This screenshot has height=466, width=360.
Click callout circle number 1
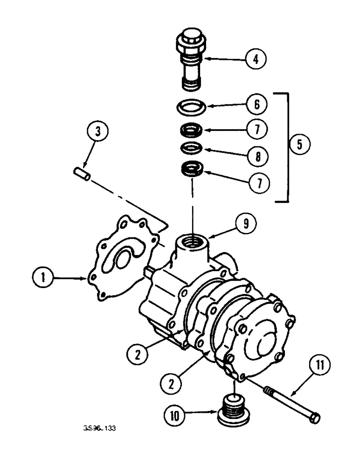[43, 279]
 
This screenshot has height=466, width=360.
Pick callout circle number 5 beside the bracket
[299, 144]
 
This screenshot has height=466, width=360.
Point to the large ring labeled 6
[192, 107]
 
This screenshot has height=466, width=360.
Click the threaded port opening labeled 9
[192, 241]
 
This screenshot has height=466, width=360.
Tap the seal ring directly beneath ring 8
[191, 168]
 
